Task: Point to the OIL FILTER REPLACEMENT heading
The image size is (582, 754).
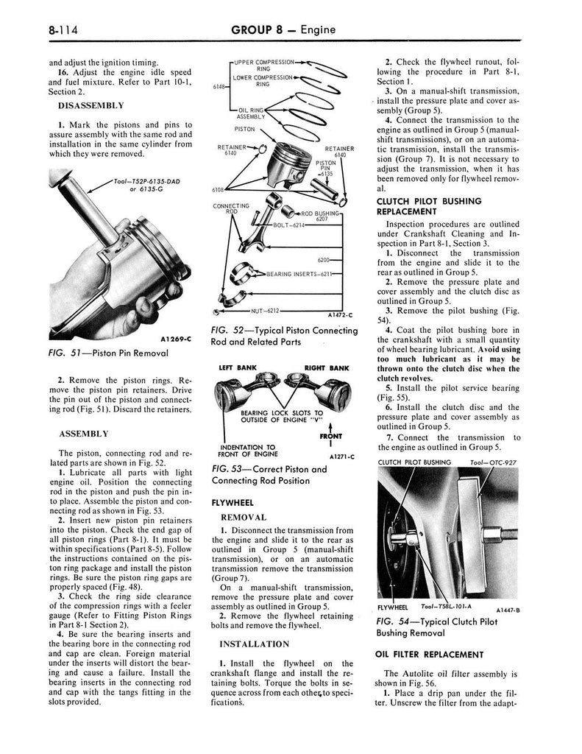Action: (429, 654)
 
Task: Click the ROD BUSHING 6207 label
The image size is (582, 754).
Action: (324, 216)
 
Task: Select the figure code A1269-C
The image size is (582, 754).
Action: (174, 339)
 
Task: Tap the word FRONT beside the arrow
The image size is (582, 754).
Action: (336, 435)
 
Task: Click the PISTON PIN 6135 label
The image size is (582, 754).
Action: (325, 168)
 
